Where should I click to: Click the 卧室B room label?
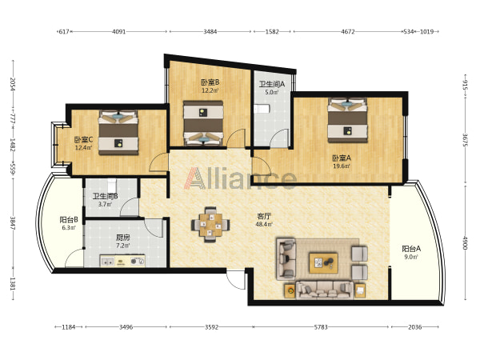click(x=210, y=82)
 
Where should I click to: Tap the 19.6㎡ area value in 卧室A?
click(x=342, y=166)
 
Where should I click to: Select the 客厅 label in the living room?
click(x=264, y=217)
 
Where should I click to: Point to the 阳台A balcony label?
click(x=411, y=249)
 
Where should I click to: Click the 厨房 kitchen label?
click(x=122, y=238)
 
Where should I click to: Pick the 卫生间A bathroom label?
click(x=272, y=84)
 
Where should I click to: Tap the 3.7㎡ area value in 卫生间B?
click(x=105, y=204)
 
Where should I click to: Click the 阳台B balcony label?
click(x=69, y=220)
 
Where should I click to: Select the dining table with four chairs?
click(x=210, y=225)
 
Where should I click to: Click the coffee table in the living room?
click(x=323, y=262)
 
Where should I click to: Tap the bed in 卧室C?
click(x=118, y=133)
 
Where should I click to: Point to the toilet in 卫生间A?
click(x=262, y=109)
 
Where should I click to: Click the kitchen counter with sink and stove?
click(x=122, y=261)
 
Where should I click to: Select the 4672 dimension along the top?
click(x=347, y=31)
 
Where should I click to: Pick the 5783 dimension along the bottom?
click(x=321, y=327)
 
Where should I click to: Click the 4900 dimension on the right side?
click(x=466, y=242)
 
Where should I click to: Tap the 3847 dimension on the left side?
click(x=13, y=224)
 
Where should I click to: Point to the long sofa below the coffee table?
click(x=325, y=290)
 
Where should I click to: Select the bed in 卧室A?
click(x=347, y=120)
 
